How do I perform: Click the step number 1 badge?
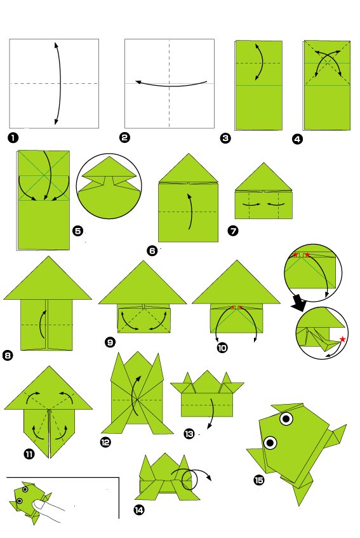click(x=13, y=137)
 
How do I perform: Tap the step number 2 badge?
click(x=124, y=137)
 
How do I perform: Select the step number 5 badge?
click(x=78, y=231)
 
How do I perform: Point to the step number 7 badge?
click(x=233, y=231)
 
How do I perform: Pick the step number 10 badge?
click(x=222, y=347)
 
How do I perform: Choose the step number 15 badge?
click(x=258, y=480)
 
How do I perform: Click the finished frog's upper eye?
click(x=287, y=419)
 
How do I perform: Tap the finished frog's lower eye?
click(x=270, y=442)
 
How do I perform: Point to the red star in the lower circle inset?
click(x=342, y=339)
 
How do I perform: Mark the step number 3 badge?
click(x=225, y=136)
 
